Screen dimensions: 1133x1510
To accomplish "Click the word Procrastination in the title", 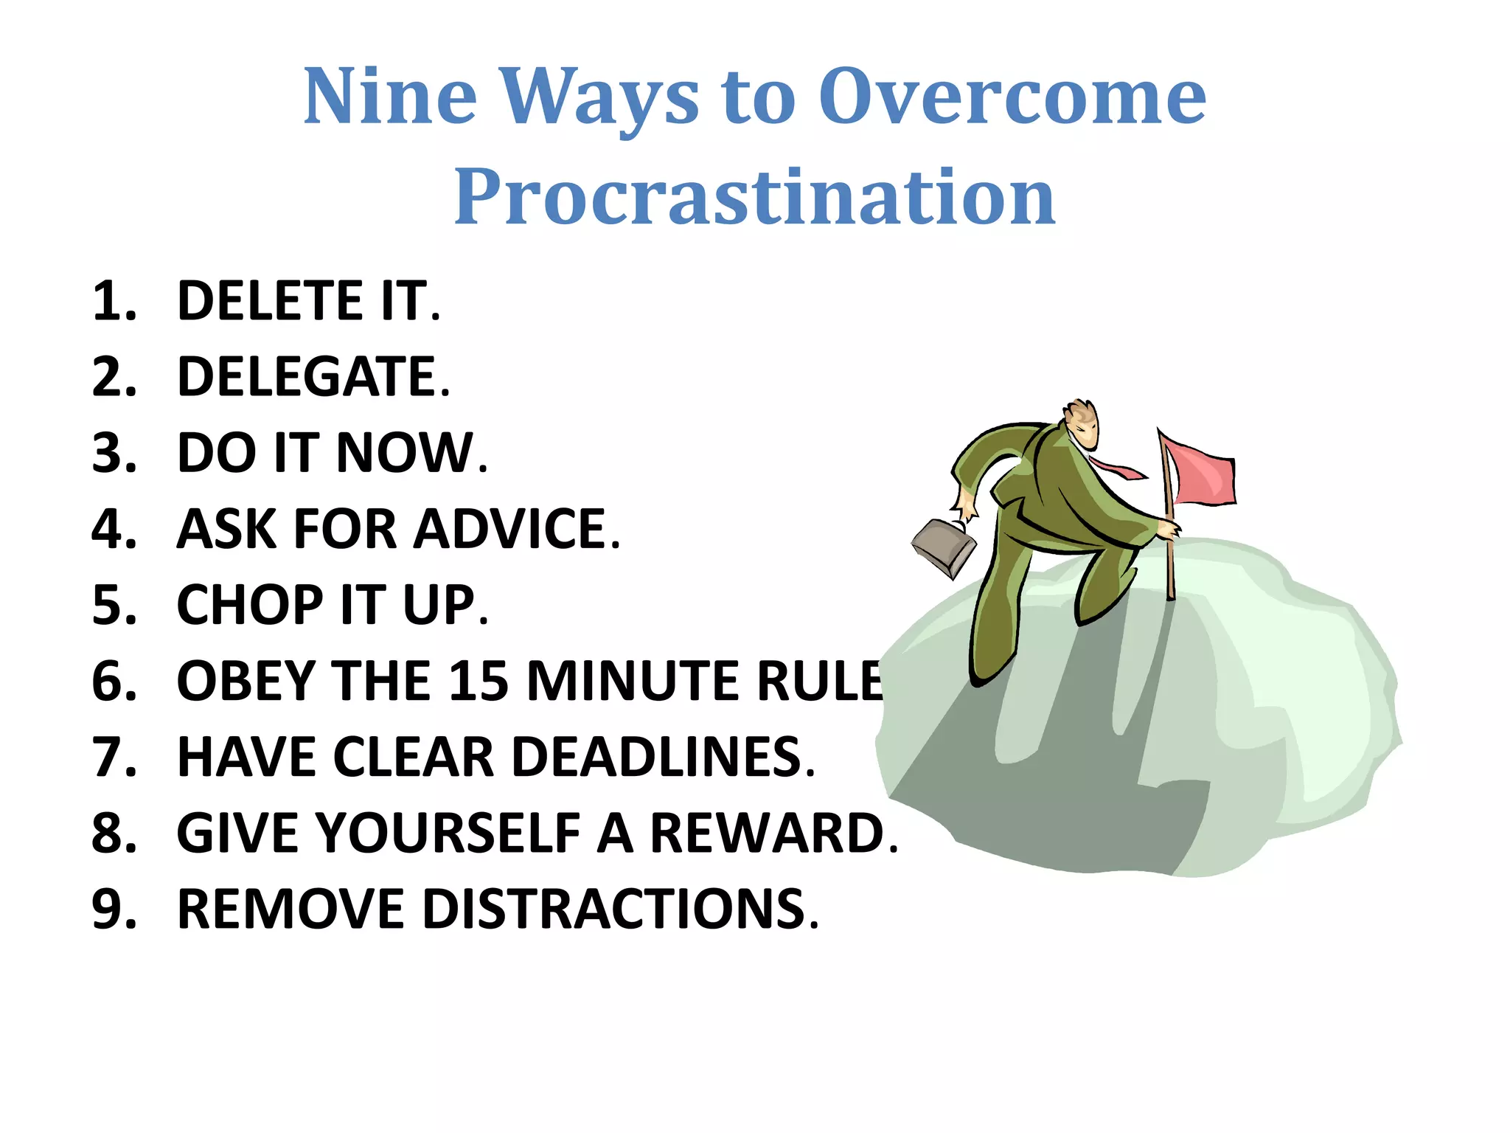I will coord(754,198).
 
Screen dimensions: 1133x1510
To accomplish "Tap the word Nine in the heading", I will coord(390,97).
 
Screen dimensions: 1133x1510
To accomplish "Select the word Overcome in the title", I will coord(1012,97).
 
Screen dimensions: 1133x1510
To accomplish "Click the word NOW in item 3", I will coord(406,453).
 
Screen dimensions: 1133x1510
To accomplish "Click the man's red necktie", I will coord(1117,468).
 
